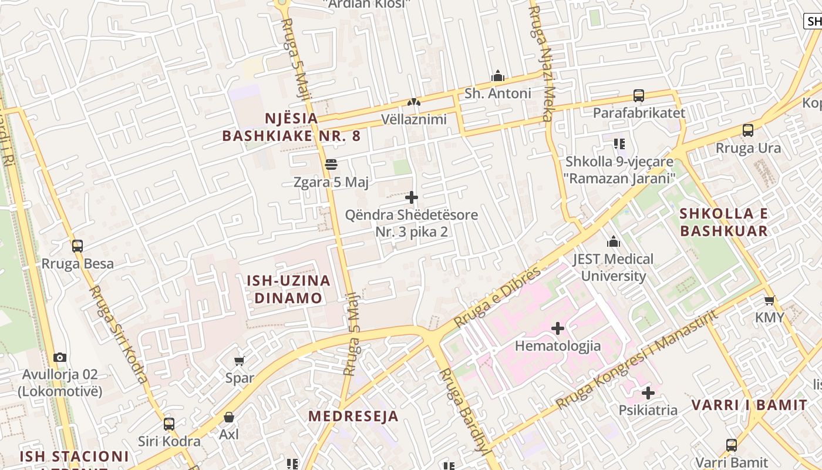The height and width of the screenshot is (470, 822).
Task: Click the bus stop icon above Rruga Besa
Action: point(77,246)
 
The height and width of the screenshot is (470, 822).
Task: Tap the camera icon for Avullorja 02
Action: point(59,357)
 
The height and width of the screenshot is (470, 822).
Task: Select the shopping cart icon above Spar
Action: point(239,361)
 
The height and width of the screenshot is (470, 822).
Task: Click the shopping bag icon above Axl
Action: point(229,417)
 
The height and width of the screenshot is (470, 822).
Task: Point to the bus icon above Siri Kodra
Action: point(169,424)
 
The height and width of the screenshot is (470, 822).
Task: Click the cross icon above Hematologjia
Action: point(558,328)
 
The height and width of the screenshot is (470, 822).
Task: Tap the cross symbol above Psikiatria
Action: point(648,392)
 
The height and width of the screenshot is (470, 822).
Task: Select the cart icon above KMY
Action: point(769,300)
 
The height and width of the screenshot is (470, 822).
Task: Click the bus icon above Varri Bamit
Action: point(731,445)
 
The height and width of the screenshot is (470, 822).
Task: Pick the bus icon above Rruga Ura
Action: point(748,130)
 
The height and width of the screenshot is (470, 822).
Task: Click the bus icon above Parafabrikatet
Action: point(639,95)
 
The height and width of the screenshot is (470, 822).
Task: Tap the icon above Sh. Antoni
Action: point(498,76)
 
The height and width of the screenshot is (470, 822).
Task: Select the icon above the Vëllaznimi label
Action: point(414,102)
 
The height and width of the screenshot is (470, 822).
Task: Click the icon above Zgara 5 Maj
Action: point(331,164)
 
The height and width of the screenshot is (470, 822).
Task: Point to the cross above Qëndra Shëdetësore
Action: point(412,197)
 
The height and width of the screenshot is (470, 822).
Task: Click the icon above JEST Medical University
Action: point(614,241)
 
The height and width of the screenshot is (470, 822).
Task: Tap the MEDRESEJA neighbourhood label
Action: point(353,417)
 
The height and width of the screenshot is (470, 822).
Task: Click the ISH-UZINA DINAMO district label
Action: point(288,289)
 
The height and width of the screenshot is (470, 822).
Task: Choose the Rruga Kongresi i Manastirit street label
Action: point(637,360)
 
